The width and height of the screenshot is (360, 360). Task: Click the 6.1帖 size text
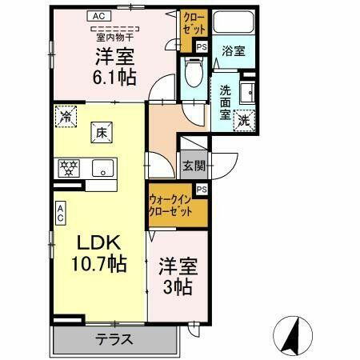(x=115, y=77)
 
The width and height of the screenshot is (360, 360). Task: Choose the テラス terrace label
(x=114, y=338)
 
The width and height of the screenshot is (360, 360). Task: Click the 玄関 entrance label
(x=194, y=166)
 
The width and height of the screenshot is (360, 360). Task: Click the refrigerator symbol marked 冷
(x=66, y=118)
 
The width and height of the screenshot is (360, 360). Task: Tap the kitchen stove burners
(x=70, y=167)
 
